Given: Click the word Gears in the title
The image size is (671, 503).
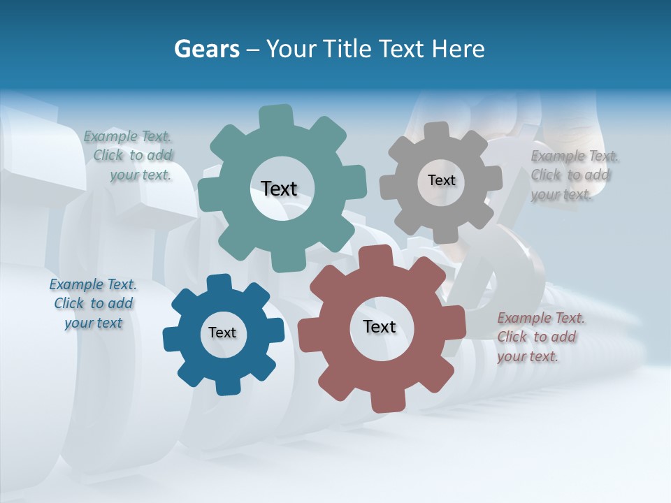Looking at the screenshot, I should [x=206, y=49].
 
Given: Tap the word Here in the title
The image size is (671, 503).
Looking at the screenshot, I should [x=458, y=49].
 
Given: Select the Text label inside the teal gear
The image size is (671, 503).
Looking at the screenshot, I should [x=279, y=189].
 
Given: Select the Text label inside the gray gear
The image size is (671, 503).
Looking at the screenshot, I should [x=441, y=180].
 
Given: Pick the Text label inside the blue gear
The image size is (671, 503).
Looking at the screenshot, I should [x=222, y=333].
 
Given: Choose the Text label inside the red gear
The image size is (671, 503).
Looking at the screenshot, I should [x=380, y=326].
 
